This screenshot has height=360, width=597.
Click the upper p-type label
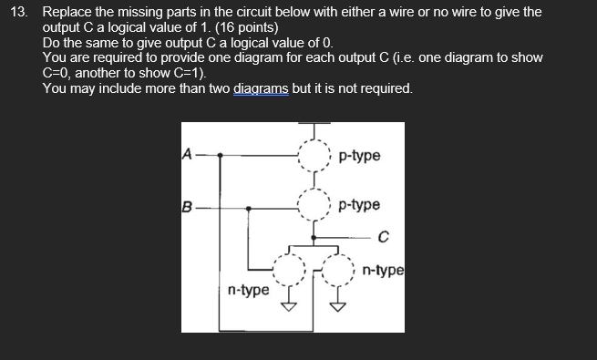pos(359,156)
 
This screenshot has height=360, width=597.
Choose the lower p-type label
pos(359,206)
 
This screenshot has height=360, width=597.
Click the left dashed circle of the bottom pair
pos(291,269)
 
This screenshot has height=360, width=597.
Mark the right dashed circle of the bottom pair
pos(339,269)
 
